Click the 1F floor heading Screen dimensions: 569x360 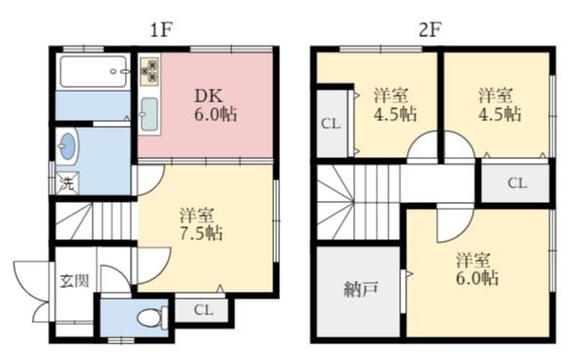[160, 30]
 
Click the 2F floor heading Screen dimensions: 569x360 [429, 30]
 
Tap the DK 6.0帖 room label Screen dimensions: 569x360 [216, 105]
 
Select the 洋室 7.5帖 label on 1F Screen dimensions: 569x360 [201, 224]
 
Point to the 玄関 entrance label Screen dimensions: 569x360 [74, 281]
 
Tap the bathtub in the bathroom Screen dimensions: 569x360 [94, 71]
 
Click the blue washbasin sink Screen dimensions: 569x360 [67, 146]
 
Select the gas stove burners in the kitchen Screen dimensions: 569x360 [150, 70]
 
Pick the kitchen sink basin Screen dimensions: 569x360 [149, 114]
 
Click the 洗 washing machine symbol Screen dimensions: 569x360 [67, 183]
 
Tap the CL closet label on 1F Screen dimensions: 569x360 [203, 310]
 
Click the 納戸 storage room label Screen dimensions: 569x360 [361, 289]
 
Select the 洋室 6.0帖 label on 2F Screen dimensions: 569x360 [477, 269]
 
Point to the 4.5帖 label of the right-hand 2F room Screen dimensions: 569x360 [500, 113]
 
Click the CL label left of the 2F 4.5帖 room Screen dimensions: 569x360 [331, 124]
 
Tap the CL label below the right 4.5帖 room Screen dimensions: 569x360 [517, 183]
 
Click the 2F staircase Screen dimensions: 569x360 [358, 201]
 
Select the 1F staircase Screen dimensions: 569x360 [94, 220]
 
